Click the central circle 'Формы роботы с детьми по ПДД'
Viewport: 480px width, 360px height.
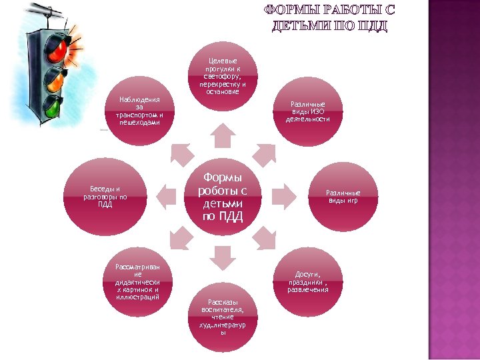coord(222,197)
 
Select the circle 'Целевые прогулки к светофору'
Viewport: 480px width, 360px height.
coord(222,75)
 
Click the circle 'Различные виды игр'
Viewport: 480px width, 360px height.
coord(342,197)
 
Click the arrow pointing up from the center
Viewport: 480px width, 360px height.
coord(222,136)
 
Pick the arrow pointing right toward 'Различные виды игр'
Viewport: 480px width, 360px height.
coord(283,196)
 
